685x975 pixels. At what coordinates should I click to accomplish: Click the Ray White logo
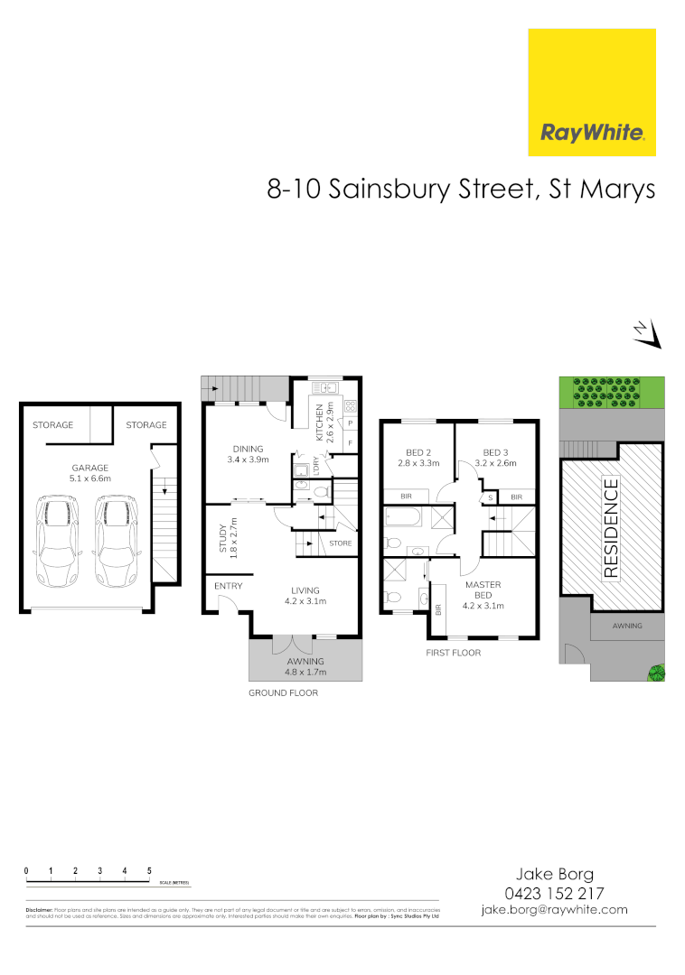tap(592, 92)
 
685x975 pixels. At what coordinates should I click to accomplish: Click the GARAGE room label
tap(90, 468)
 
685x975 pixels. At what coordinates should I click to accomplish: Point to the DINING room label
tap(247, 449)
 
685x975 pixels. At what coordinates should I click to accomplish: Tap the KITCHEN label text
tap(319, 422)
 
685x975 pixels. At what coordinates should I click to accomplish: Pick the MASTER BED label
tap(483, 590)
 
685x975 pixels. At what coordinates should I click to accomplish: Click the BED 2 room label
tap(418, 452)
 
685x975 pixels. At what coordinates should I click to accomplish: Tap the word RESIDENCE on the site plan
tap(611, 528)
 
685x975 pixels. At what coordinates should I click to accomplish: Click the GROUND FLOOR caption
tap(283, 693)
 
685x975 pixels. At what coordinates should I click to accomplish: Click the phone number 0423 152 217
tap(555, 892)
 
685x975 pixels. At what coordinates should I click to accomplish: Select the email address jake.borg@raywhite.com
tap(555, 909)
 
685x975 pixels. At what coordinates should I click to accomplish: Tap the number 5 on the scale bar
tap(149, 870)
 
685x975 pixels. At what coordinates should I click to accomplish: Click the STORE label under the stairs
tap(340, 543)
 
